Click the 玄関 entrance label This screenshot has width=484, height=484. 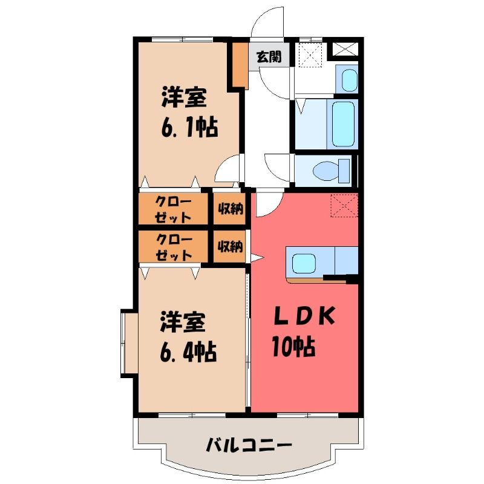(x=269, y=57)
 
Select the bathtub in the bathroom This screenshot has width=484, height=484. (x=342, y=124)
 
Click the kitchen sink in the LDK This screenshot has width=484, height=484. (x=304, y=263)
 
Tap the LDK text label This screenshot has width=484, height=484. (x=304, y=315)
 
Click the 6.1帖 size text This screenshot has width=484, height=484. (x=189, y=126)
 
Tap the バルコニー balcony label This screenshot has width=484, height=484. (x=249, y=445)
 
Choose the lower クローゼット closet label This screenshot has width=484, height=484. (x=174, y=247)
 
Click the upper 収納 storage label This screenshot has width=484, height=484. (x=231, y=209)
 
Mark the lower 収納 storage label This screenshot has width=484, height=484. (x=231, y=246)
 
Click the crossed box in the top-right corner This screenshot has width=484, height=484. (x=345, y=49)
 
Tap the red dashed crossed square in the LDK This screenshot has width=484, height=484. (x=344, y=206)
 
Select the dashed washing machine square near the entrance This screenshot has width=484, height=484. (x=311, y=54)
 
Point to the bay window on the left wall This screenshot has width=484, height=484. (x=129, y=343)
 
